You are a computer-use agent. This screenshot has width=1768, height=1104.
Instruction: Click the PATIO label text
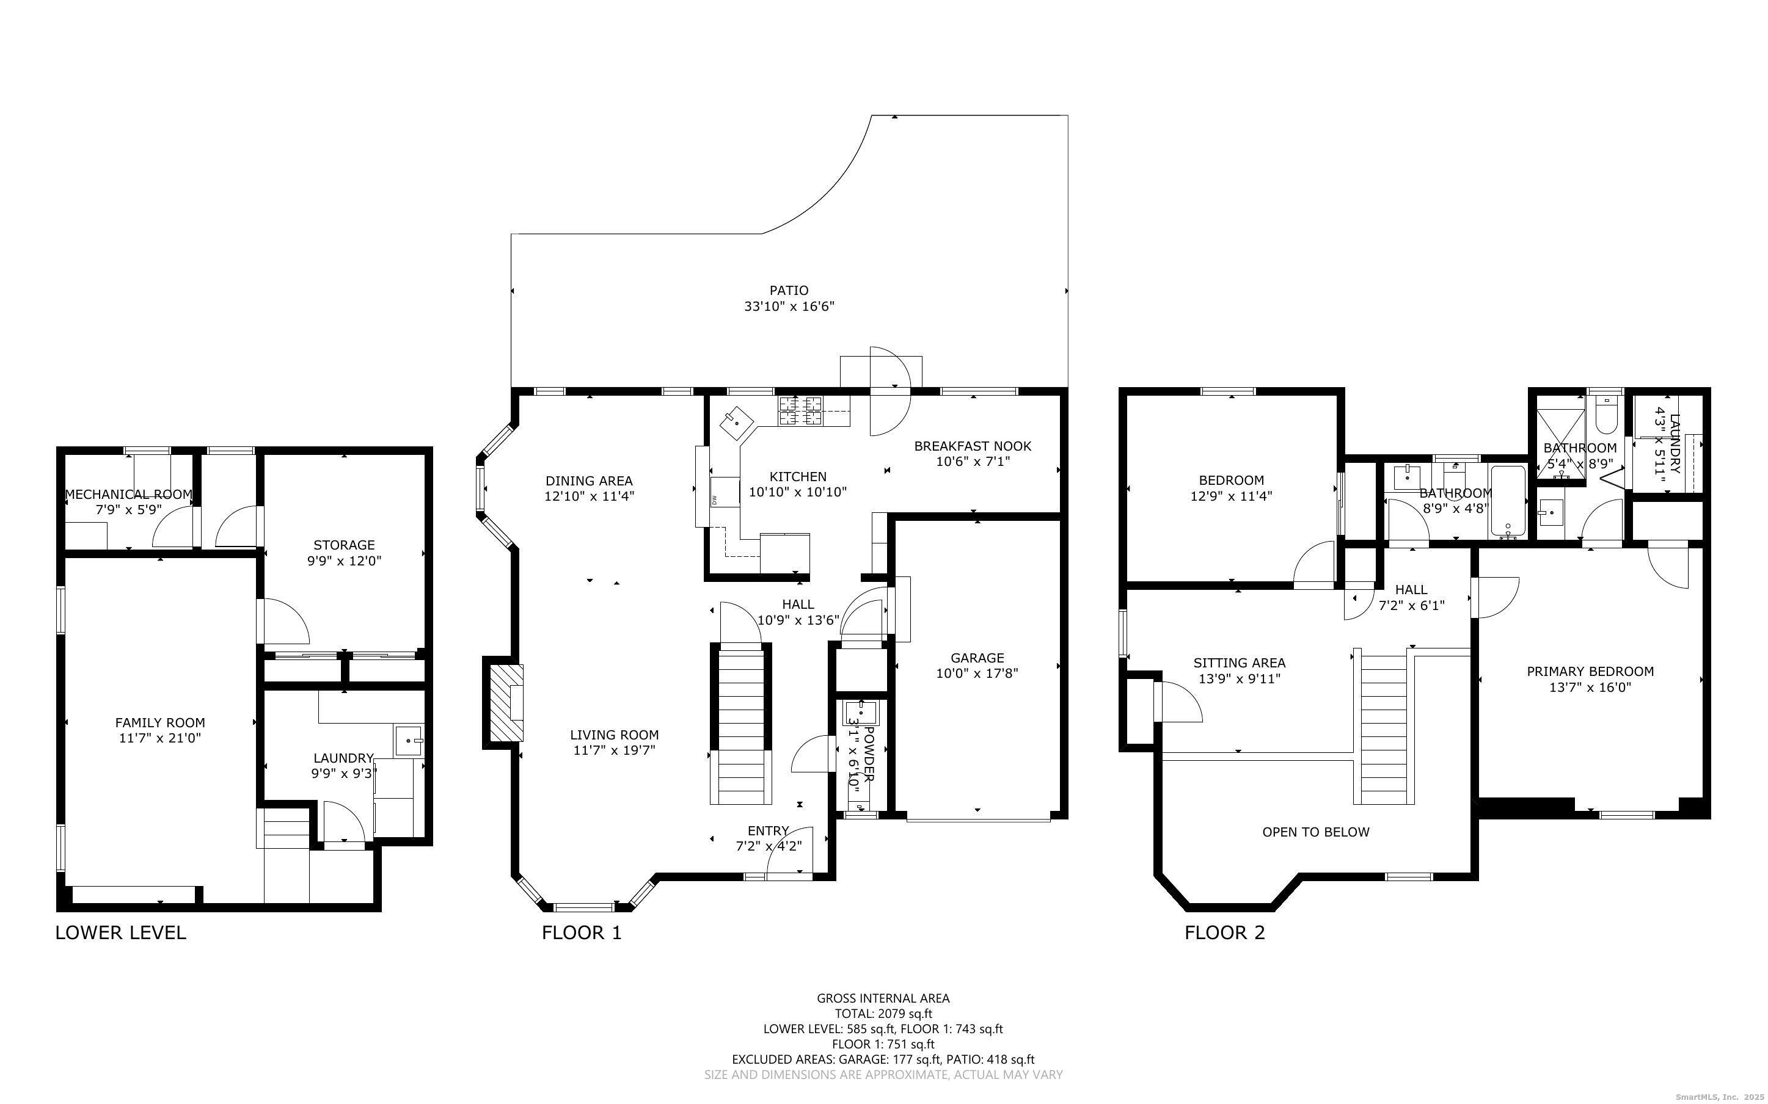[x=789, y=291]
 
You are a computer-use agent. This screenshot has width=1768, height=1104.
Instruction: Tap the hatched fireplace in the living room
[x=505, y=702]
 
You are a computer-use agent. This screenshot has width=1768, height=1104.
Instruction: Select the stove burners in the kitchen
[x=799, y=411]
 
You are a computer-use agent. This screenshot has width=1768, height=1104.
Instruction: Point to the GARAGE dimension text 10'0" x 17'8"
[x=977, y=673]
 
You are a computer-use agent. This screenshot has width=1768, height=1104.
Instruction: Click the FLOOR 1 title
[x=582, y=932]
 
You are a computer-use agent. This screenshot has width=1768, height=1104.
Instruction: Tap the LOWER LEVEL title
[x=120, y=932]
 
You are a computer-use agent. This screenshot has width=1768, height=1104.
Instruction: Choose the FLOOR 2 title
[x=1225, y=932]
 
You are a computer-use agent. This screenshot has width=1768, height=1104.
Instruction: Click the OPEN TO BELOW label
[x=1316, y=832]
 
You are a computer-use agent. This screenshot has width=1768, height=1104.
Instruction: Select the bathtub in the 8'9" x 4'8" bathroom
[x=1507, y=501]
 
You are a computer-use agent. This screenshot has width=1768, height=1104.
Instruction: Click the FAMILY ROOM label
[x=160, y=723]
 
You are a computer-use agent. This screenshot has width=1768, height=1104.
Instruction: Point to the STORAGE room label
[x=344, y=545]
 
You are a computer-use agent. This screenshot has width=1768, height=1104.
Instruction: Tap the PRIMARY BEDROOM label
[x=1590, y=672]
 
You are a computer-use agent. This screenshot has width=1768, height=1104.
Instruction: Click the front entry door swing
[x=790, y=851]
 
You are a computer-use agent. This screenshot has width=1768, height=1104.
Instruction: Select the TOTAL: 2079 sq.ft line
[x=883, y=1014]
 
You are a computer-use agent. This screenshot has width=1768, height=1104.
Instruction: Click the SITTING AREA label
[x=1240, y=663]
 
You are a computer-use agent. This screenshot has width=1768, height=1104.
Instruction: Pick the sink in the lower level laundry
[x=409, y=741]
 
